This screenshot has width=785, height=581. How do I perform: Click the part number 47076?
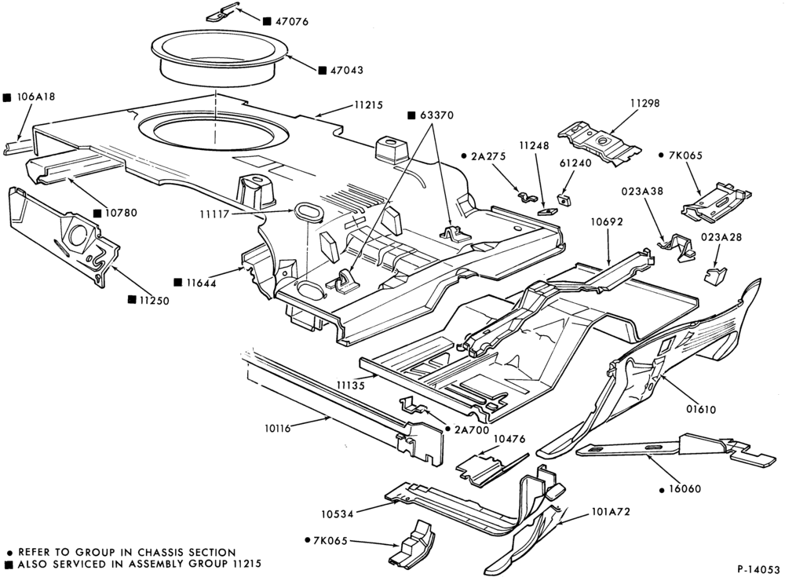[292, 21]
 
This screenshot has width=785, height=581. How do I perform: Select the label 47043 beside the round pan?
[347, 70]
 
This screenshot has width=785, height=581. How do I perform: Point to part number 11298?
[644, 103]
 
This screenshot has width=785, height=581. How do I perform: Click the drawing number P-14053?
[758, 569]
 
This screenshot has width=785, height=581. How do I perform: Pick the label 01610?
[701, 409]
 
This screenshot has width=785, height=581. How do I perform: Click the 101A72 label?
[610, 512]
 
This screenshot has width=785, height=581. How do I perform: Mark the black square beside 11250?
[132, 299]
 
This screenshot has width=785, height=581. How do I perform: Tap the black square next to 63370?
[411, 115]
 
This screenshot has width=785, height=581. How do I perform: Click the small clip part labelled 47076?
[222, 13]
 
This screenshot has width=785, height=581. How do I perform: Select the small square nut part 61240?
[565, 199]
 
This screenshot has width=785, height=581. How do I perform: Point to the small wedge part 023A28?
[715, 275]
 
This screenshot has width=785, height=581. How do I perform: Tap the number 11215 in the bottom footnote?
[245, 564]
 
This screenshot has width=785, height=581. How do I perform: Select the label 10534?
[338, 514]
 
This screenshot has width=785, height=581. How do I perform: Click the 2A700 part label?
[472, 429]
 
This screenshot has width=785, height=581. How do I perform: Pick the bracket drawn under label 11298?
[600, 142]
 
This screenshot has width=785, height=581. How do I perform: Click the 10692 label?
[607, 221]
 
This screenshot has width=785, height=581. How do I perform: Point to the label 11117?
[214, 214]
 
